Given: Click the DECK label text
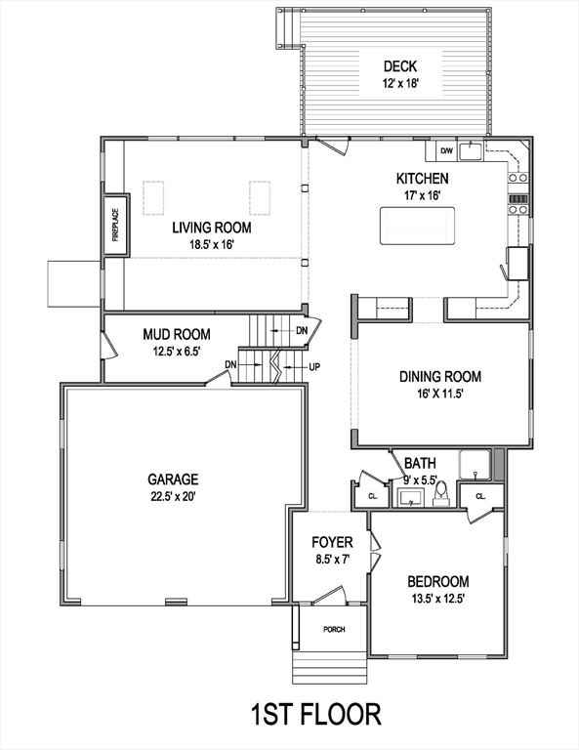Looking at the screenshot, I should click(399, 66).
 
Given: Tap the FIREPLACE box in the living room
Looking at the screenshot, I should click(113, 225).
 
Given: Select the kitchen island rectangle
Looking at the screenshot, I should click(416, 227).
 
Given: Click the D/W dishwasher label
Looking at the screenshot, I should click(445, 150).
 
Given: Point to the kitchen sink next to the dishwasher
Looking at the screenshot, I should click(472, 150).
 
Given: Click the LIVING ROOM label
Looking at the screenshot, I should click(212, 227).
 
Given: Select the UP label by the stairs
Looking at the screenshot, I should click(314, 367).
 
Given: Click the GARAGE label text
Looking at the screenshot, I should click(173, 479).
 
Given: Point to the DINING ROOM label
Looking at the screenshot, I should click(440, 376).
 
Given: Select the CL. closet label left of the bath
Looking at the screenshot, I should click(372, 495).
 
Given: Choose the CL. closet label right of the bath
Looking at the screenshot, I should click(480, 496).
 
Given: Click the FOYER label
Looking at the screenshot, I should click(332, 542).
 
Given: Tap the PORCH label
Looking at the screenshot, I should click(334, 629).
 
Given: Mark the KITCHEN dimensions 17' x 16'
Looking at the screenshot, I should click(422, 195).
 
